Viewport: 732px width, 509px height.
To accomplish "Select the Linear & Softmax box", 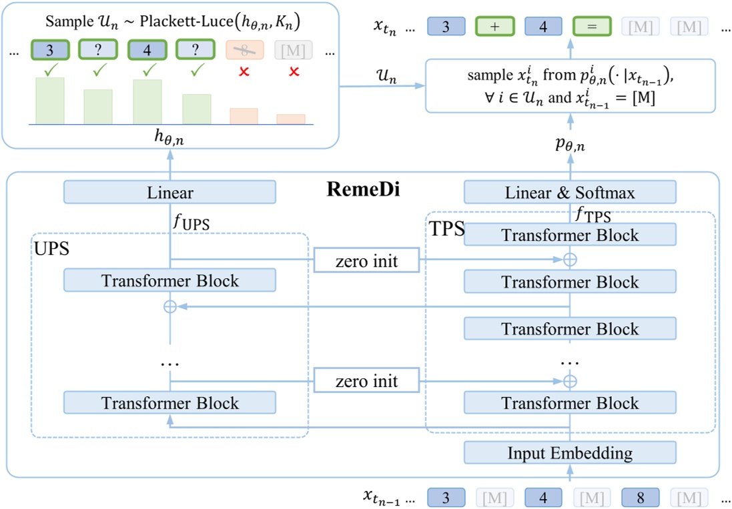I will [x=570, y=193].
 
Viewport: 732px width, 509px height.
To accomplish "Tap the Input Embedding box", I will [x=570, y=453].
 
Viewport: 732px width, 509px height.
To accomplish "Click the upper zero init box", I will [x=366, y=261].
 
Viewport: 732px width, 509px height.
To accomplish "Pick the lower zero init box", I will [x=366, y=382].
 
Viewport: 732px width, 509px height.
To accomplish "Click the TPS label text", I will [x=446, y=229].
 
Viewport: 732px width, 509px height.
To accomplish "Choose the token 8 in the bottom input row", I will [x=641, y=498].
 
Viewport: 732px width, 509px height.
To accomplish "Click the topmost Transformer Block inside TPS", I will [x=570, y=235].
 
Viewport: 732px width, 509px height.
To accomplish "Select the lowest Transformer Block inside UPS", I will [x=169, y=403].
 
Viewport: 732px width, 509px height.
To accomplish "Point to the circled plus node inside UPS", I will [x=170, y=306].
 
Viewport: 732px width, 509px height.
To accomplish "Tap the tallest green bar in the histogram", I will [x=50, y=101].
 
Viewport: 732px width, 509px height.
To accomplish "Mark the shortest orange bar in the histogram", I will [x=291, y=119].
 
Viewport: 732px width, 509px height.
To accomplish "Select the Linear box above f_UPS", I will [x=169, y=193].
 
